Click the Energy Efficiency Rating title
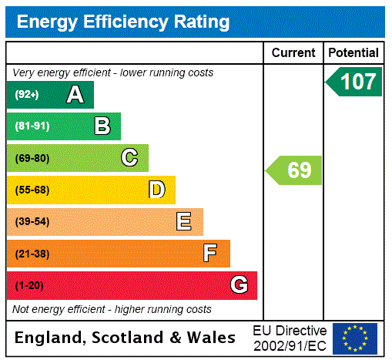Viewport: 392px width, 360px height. [123, 22]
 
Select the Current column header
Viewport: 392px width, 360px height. [293, 53]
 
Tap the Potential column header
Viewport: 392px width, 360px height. [353, 53]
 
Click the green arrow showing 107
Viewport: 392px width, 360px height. [354, 82]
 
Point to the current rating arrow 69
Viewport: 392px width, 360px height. [295, 170]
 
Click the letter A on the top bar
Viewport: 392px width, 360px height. [75, 95]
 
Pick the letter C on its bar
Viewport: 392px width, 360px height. [129, 158]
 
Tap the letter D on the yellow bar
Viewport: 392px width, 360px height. [156, 190]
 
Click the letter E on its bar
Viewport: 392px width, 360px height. [183, 222]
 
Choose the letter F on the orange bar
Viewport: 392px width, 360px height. [210, 254]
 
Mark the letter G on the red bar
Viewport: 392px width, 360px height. [239, 285]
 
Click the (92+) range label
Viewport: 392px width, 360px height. [26, 95]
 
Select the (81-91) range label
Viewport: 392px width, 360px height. [32, 126]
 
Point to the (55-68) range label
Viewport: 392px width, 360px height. [32, 190]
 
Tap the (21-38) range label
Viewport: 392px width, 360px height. [32, 254]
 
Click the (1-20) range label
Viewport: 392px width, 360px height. [29, 285]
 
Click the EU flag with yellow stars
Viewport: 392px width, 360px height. [355, 338]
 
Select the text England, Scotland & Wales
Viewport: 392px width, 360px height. [126, 338]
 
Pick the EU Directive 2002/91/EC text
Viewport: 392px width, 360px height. [290, 338]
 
